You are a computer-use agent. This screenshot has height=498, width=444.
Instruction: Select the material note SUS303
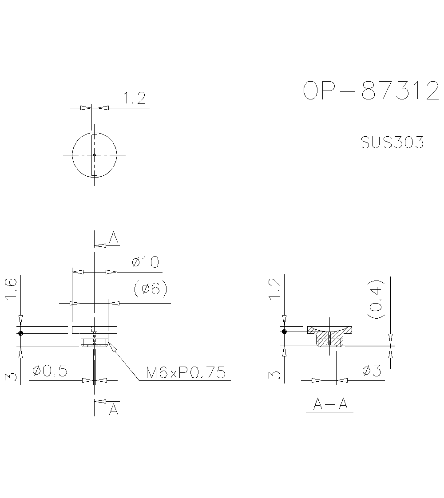392,143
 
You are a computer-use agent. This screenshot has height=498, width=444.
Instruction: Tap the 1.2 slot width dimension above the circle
134,99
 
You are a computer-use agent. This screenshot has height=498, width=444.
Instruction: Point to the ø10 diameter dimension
145,262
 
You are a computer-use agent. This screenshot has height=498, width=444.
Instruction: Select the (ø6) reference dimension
151,289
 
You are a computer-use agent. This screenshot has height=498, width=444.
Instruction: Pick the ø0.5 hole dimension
50,371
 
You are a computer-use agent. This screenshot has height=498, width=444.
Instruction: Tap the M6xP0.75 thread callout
186,372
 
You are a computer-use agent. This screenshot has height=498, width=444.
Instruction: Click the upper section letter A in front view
114,238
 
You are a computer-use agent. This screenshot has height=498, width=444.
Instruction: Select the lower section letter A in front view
114,409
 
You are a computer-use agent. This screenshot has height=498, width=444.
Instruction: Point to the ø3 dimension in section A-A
372,371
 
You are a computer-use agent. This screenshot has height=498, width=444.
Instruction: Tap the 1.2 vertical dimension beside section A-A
275,289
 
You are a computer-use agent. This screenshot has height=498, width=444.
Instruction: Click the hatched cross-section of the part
329,336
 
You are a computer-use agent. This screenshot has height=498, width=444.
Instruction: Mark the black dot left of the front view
20,333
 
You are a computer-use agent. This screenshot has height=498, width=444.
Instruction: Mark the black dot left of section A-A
284,331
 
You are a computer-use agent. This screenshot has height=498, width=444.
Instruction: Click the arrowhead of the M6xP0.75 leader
111,347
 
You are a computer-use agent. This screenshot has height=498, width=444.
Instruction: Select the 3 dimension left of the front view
12,376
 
